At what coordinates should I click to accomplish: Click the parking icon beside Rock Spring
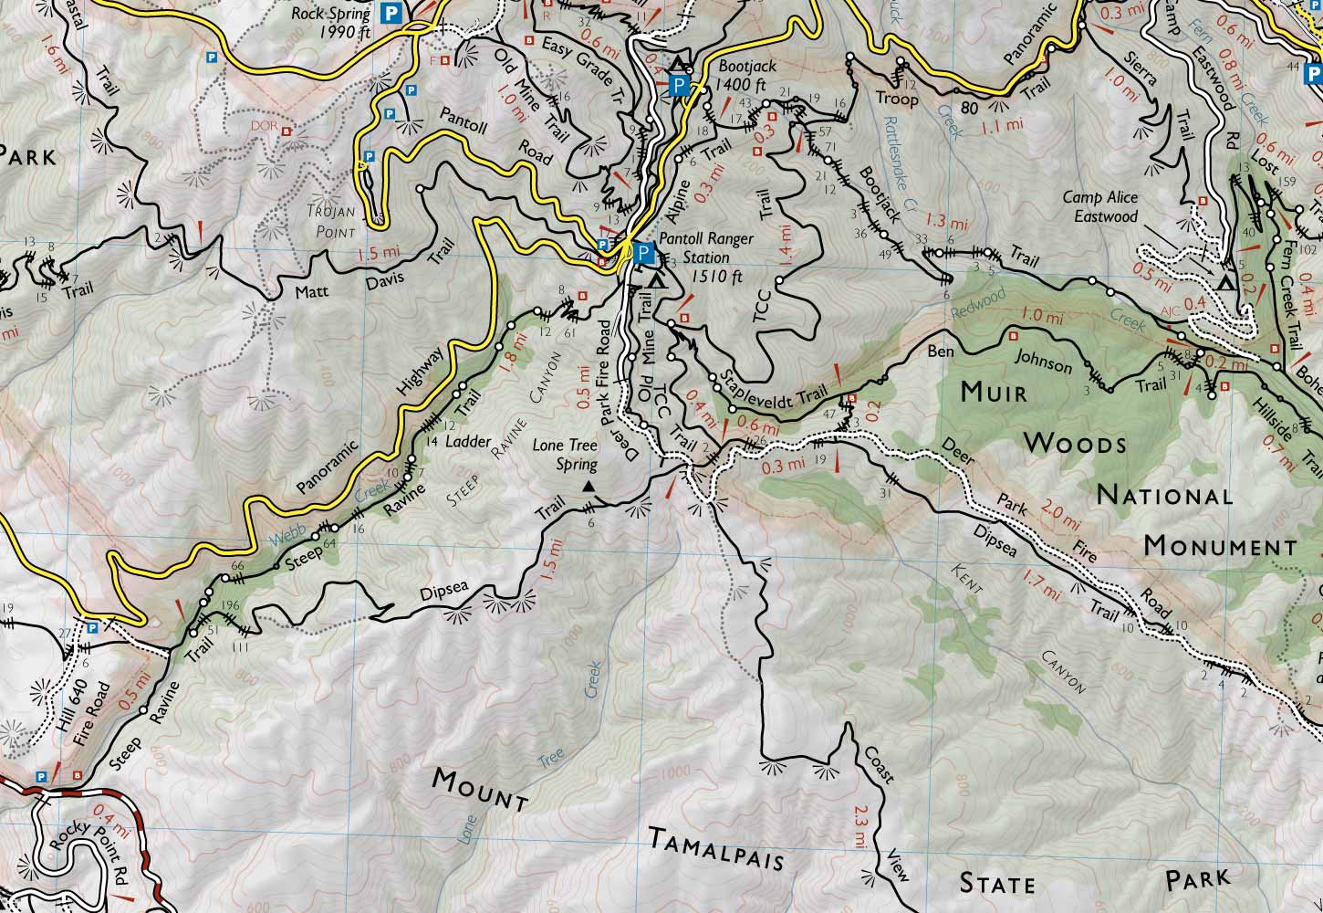(x=391, y=13)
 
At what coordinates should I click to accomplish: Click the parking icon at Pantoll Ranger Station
(x=642, y=252)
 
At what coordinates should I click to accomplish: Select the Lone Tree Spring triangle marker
(x=589, y=488)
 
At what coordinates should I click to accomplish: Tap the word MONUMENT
(x=1219, y=546)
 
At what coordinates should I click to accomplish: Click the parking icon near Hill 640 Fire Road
(x=93, y=627)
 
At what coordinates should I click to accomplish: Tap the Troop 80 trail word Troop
(x=896, y=97)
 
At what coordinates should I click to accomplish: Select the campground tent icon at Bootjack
(x=678, y=65)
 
